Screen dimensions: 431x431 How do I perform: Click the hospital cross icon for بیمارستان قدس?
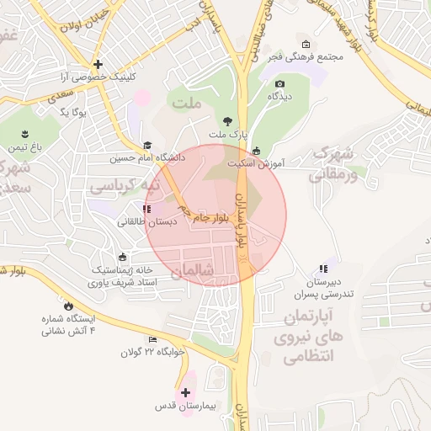coord(185,392)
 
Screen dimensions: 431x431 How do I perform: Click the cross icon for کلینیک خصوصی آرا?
coord(98,64)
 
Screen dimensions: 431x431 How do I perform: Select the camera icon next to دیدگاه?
coord(279,83)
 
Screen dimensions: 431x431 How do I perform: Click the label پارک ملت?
coord(228,135)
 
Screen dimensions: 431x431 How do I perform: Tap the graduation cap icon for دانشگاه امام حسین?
coord(148,146)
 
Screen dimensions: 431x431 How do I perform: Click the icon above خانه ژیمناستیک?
coord(124,257)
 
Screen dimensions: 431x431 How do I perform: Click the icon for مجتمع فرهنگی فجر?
coord(305,44)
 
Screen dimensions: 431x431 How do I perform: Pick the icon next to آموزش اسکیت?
coord(256,152)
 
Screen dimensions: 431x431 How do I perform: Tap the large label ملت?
coord(188,103)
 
